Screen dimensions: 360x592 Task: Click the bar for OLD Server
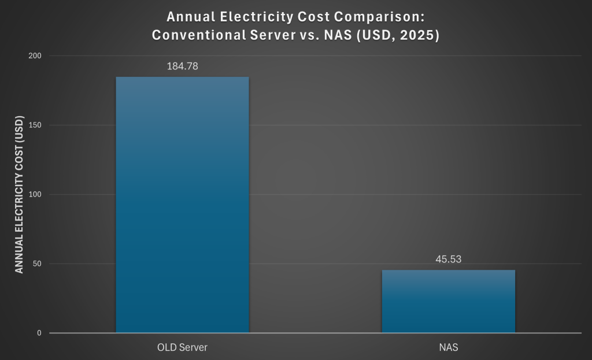click(182, 205)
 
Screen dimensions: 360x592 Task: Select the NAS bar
click(448, 301)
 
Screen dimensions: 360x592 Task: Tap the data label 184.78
click(182, 66)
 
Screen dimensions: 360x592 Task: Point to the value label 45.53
click(448, 259)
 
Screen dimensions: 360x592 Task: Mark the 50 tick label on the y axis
click(38, 264)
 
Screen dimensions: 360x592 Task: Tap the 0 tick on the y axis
click(40, 333)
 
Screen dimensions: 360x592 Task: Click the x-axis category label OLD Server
click(182, 348)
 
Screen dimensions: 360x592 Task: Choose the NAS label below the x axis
click(448, 348)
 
